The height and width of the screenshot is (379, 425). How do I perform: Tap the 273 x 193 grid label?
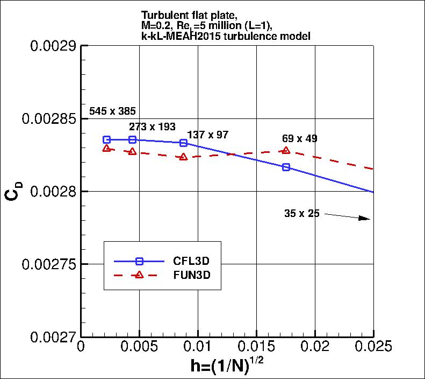tap(152, 127)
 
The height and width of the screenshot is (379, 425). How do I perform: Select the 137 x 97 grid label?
tap(207, 135)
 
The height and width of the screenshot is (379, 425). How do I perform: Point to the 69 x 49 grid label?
tap(299, 138)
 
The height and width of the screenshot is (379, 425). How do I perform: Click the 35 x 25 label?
tap(301, 214)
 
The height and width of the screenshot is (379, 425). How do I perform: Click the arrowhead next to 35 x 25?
tap(365, 218)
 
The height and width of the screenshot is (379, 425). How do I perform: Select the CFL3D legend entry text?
tap(191, 261)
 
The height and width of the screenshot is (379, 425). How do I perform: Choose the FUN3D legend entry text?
tap(191, 275)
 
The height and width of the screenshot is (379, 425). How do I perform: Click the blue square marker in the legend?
tap(139, 261)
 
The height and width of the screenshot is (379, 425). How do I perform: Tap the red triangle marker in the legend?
tap(139, 275)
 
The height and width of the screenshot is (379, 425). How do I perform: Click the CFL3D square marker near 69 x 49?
tap(286, 167)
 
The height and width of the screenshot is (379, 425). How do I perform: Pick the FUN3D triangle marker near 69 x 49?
tap(286, 151)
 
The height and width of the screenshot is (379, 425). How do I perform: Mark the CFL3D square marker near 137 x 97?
tap(183, 143)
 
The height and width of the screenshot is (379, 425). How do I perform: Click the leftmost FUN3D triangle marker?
tap(106, 148)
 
